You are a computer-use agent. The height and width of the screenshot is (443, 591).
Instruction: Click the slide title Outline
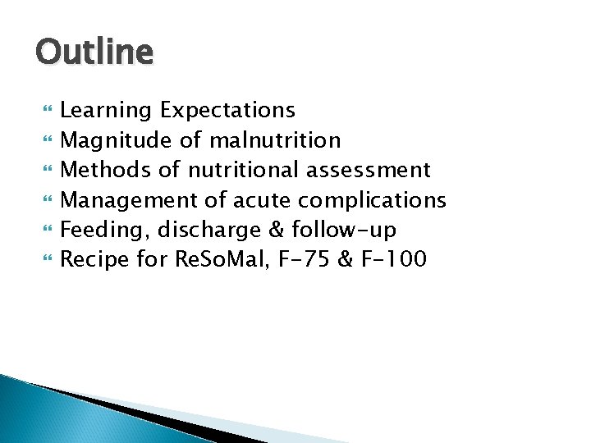[94, 53]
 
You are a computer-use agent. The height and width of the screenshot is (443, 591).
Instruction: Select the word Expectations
[227, 109]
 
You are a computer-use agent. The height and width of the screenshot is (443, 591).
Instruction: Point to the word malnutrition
[275, 140]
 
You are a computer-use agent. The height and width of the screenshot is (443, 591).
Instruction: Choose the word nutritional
[244, 170]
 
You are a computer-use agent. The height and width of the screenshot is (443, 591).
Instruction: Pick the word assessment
[369, 170]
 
